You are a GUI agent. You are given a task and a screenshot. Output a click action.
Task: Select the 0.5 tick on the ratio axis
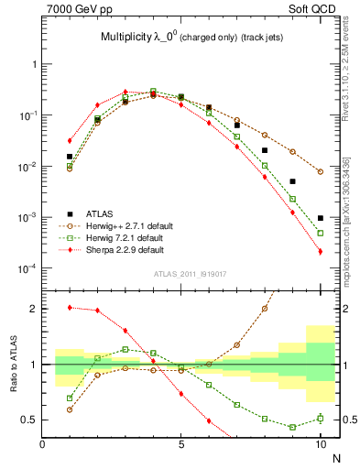(29, 420)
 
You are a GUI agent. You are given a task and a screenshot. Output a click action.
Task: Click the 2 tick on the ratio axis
(33, 309)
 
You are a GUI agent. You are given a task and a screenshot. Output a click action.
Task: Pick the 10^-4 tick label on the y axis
(27, 268)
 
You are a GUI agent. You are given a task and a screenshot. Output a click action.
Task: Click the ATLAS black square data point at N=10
(321, 218)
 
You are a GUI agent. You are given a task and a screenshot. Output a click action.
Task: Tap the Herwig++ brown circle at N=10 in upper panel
(321, 171)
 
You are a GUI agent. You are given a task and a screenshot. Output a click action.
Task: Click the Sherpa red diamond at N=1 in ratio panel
(70, 308)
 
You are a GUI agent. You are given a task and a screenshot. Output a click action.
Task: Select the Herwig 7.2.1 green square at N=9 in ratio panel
(292, 427)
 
